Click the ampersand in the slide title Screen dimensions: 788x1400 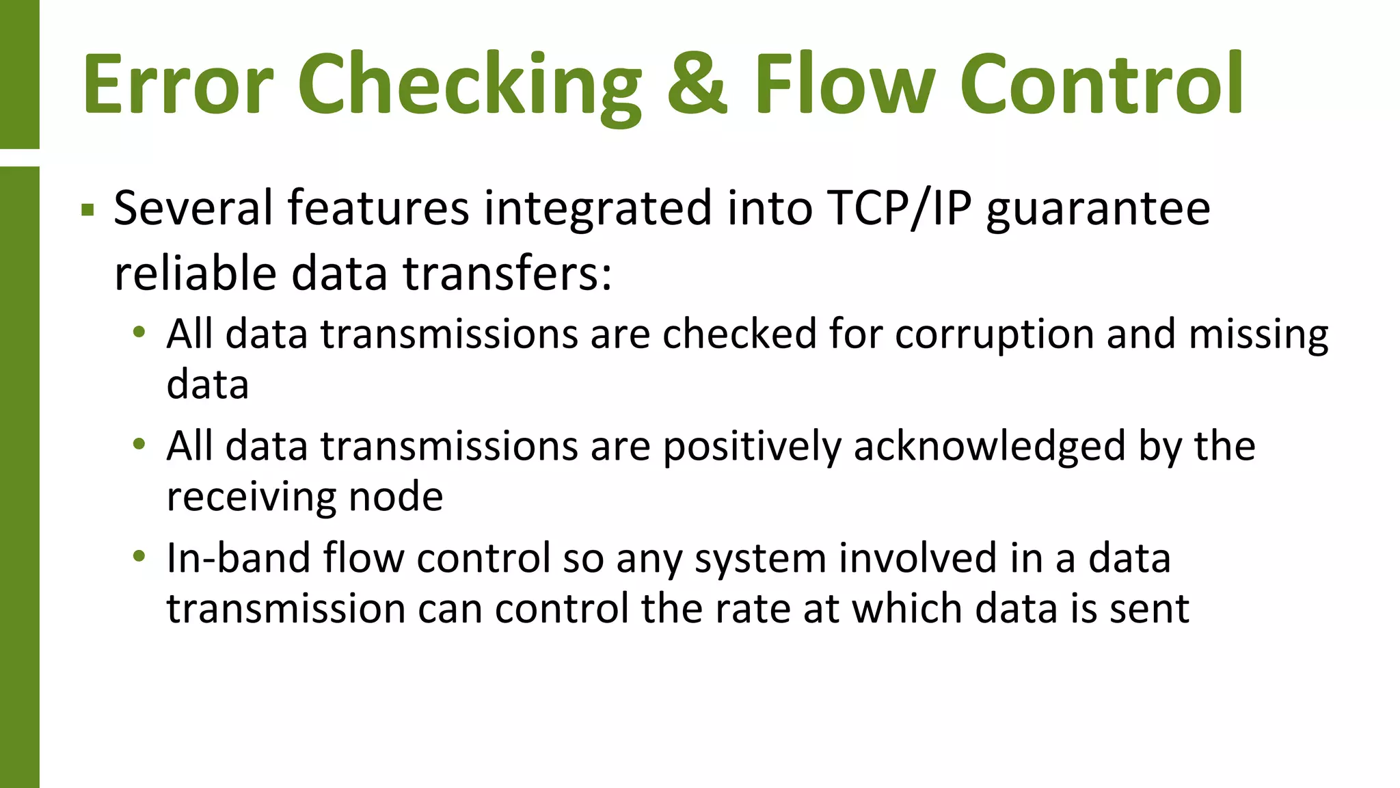pos(697,83)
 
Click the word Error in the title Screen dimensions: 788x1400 pos(178,83)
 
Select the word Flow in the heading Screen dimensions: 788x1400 pos(845,83)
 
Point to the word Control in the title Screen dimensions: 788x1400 pos(1101,83)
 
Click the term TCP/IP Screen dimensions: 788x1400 pos(899,208)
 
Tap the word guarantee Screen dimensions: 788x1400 pos(1098,209)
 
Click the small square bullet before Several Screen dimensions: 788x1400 pos(87,209)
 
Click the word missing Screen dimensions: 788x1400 pos(1258,335)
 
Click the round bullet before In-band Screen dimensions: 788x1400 pos(139,556)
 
